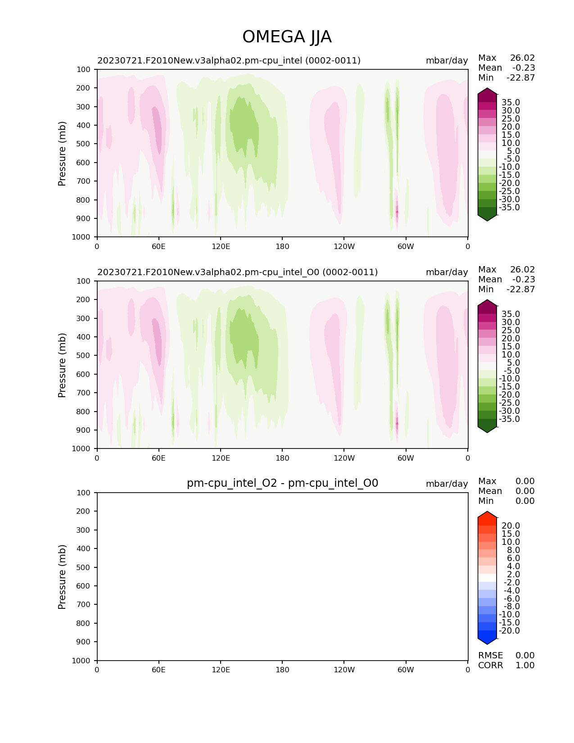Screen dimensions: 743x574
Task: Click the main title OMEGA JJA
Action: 287,37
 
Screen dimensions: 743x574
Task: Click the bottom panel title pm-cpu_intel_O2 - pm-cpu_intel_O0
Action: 282,483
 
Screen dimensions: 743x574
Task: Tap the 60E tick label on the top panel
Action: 158,246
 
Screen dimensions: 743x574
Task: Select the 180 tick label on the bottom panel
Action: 282,670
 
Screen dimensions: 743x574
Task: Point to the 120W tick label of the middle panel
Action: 344,458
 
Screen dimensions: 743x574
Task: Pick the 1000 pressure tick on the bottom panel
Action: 81,661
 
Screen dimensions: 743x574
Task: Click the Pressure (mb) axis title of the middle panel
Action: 62,365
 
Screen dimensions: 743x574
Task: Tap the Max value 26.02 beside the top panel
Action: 522,58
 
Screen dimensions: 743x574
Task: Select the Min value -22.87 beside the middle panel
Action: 520,290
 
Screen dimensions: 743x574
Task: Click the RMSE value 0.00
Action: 525,656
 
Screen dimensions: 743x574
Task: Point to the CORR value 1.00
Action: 525,666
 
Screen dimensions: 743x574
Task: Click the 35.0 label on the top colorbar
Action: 511,103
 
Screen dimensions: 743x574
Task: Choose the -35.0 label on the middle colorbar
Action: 509,419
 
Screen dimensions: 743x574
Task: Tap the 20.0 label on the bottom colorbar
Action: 511,526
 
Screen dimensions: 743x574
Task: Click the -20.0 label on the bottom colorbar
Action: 509,631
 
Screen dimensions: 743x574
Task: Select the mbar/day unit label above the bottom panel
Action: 447,484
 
